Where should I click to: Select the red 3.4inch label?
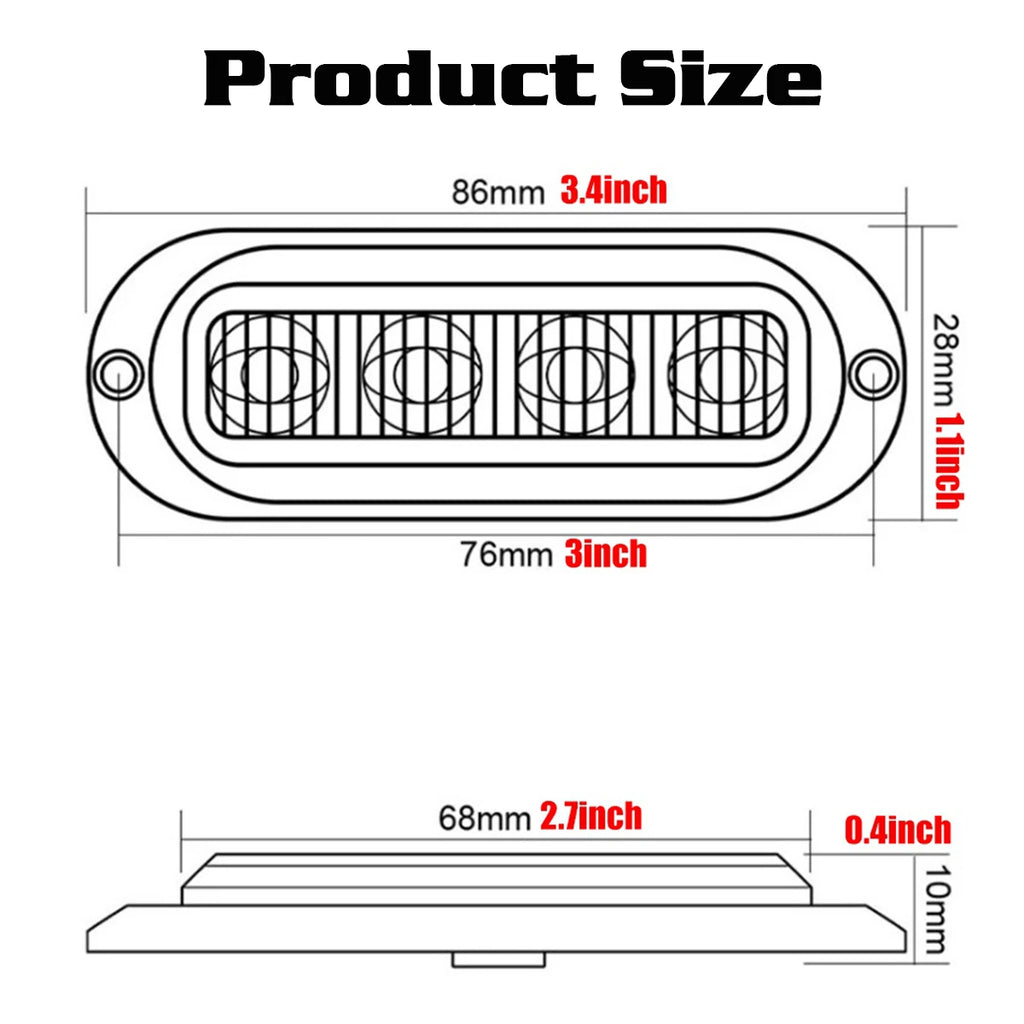tap(613, 190)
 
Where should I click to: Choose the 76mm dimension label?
tap(506, 554)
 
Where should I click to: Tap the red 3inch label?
tap(605, 553)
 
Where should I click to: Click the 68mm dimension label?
tap(484, 819)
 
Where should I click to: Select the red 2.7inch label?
tap(591, 817)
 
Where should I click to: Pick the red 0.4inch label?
tap(898, 830)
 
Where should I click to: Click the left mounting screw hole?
tap(118, 372)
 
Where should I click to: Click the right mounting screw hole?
tap(873, 372)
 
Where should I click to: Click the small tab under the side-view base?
tap(498, 960)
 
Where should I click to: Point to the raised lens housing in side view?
tap(497, 878)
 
